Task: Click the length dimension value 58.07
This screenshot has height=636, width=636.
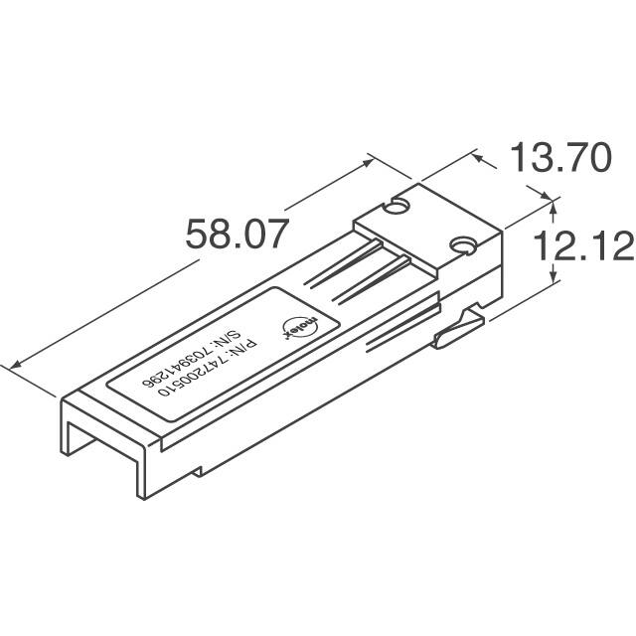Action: [x=238, y=237]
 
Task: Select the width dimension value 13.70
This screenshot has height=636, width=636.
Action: [x=558, y=158]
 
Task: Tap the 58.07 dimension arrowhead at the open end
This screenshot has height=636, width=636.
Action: [x=13, y=365]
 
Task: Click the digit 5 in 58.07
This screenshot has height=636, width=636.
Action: [x=199, y=237]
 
